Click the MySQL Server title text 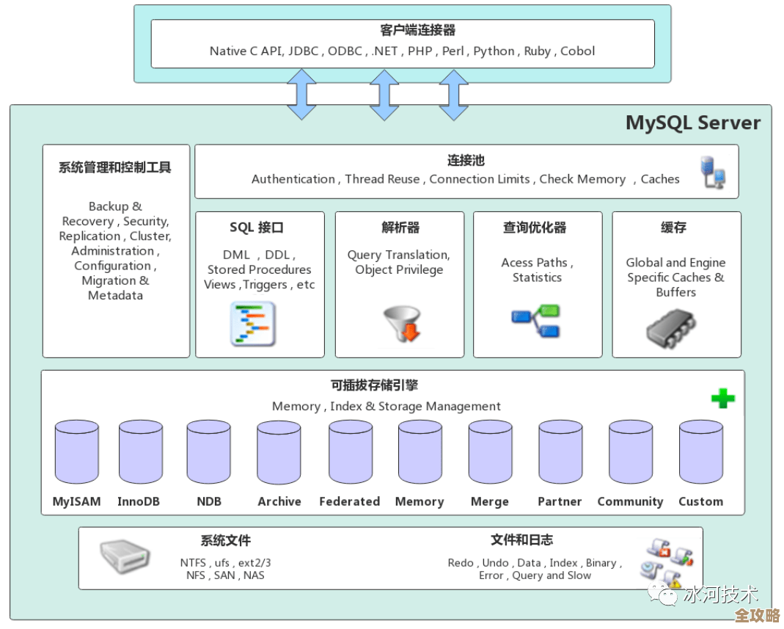[x=693, y=123]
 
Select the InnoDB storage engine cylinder [x=141, y=452]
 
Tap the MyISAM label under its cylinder [x=76, y=502]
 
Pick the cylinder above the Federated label [x=350, y=452]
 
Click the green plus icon [x=722, y=399]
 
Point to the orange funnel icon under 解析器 [x=402, y=324]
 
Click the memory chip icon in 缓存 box [x=670, y=327]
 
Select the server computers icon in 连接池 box [x=713, y=172]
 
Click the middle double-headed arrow [x=384, y=95]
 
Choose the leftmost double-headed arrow [x=301, y=95]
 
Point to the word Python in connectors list [x=494, y=51]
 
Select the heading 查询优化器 [x=534, y=228]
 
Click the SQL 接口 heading [x=256, y=228]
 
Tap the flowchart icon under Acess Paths [x=535, y=321]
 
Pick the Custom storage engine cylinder [x=700, y=452]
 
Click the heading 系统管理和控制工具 [x=114, y=167]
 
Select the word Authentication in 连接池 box [x=293, y=179]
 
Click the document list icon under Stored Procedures [x=253, y=324]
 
